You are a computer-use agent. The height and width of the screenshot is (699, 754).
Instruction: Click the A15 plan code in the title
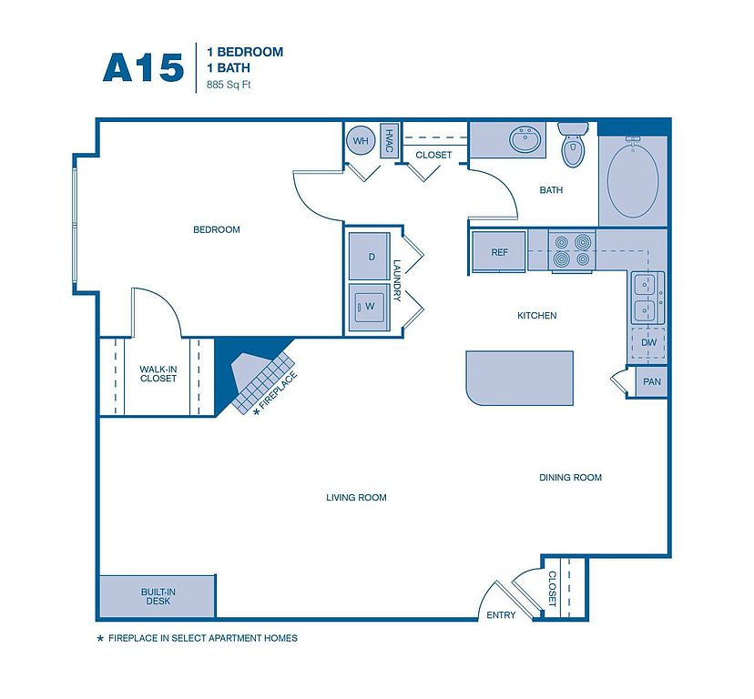coord(143,67)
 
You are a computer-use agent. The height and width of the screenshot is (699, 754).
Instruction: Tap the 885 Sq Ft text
coord(229,85)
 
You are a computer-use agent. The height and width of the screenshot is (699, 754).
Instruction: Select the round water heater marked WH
coord(361,140)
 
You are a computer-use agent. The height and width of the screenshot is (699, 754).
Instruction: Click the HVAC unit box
coord(390,141)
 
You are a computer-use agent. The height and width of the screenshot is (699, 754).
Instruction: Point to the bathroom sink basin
coord(525,139)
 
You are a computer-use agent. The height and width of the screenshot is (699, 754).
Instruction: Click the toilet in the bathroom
coord(573,144)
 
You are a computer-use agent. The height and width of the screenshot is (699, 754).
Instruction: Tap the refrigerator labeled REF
coord(499,252)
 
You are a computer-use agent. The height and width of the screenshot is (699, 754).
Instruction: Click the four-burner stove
coord(571,250)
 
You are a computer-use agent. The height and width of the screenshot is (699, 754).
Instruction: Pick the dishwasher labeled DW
coord(648,343)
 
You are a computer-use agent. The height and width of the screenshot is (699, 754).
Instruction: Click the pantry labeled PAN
coord(652,381)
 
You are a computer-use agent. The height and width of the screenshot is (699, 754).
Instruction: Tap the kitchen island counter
coord(519,378)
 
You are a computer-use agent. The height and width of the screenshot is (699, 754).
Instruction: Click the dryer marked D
coord(370,257)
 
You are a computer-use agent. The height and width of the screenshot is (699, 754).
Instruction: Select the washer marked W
coord(370,307)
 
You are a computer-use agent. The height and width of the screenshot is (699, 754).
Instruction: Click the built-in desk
coord(158,596)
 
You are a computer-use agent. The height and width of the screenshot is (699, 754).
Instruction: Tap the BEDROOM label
coord(217,229)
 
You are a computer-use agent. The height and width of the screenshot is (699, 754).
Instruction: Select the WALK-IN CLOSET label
coord(158,374)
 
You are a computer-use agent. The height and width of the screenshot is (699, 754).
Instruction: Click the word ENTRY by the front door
coord(501,615)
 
